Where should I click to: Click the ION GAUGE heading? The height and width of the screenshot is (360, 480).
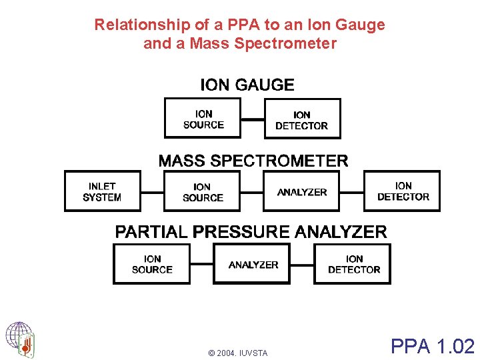pyautogui.click(x=247, y=85)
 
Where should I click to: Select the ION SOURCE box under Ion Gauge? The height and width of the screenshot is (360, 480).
pyautogui.click(x=203, y=119)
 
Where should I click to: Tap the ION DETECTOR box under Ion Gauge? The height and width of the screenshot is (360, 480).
pyautogui.click(x=302, y=119)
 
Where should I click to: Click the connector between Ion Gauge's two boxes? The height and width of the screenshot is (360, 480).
pyautogui.click(x=253, y=119)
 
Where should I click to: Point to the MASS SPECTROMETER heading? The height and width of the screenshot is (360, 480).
pyautogui.click(x=253, y=161)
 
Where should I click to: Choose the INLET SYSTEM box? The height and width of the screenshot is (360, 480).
pyautogui.click(x=102, y=191)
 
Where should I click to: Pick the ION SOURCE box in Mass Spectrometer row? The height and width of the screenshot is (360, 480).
pyautogui.click(x=203, y=192)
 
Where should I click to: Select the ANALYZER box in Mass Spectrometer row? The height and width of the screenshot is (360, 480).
pyautogui.click(x=302, y=192)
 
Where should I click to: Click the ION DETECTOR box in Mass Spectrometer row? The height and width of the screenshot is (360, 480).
pyautogui.click(x=402, y=191)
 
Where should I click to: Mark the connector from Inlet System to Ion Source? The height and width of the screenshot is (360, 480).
pyautogui.click(x=153, y=192)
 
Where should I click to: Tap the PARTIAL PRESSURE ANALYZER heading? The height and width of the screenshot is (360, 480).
pyautogui.click(x=251, y=232)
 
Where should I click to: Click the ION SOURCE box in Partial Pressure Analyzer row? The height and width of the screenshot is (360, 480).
pyautogui.click(x=152, y=264)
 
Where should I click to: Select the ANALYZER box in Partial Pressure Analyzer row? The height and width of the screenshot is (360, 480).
pyautogui.click(x=253, y=264)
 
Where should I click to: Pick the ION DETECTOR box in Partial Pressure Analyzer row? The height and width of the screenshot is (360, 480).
pyautogui.click(x=353, y=264)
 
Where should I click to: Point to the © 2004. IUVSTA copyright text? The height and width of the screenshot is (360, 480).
pyautogui.click(x=237, y=353)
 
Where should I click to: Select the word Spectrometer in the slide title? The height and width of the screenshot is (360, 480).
pyautogui.click(x=289, y=44)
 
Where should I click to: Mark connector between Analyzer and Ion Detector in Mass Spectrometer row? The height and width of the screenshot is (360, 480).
pyautogui.click(x=351, y=192)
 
